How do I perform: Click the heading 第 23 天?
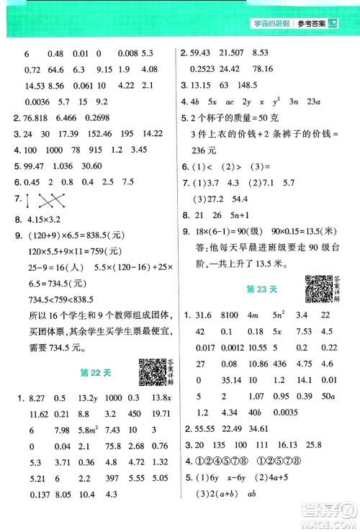262,289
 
